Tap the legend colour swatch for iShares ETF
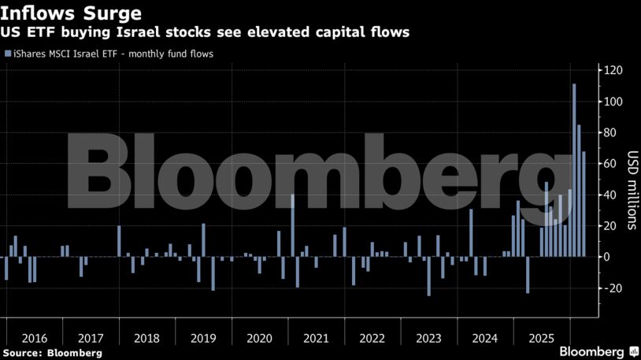[8, 54]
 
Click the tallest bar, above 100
[574, 169]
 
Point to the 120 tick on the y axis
[613, 71]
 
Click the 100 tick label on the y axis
[613, 102]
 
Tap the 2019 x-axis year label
[203, 338]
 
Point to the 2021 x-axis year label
[316, 338]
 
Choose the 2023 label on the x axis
[429, 338]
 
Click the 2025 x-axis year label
[541, 338]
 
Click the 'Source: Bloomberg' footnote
[52, 353]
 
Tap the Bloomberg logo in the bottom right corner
[598, 351]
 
